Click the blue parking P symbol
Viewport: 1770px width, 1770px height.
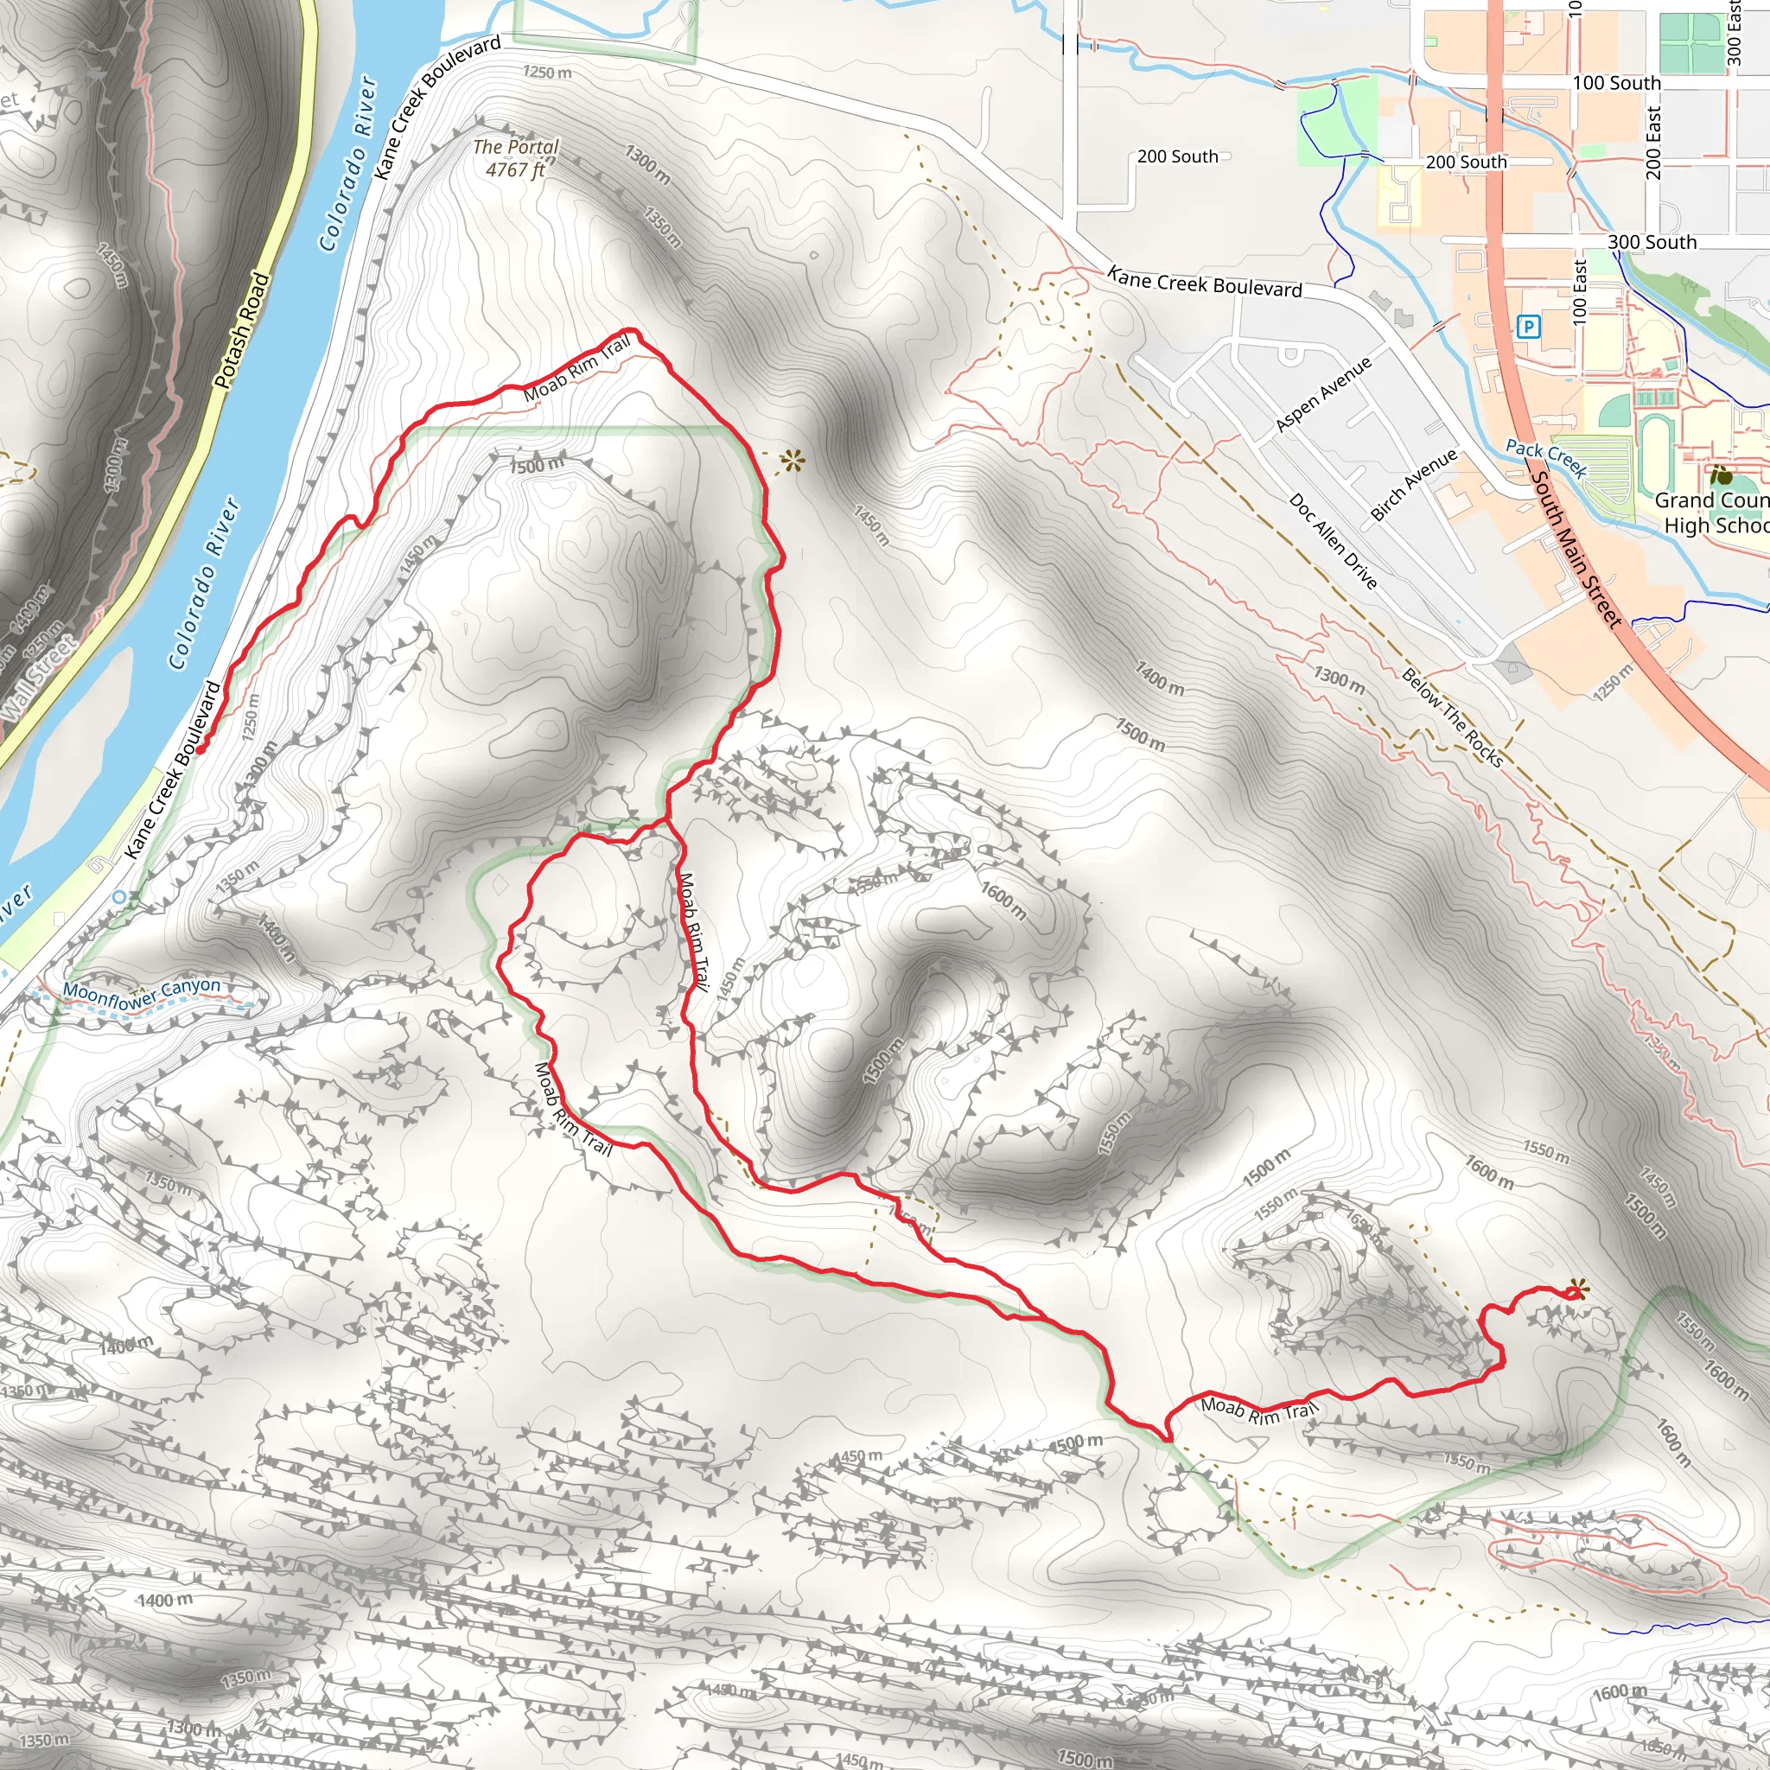(x=1527, y=326)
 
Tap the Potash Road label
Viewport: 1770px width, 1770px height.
(x=242, y=330)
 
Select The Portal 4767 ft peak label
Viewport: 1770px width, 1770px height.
(x=516, y=157)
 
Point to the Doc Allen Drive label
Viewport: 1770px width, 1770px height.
(x=1333, y=540)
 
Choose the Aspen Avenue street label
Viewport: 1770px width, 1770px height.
(x=1323, y=394)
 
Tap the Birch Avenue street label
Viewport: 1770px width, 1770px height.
(x=1413, y=485)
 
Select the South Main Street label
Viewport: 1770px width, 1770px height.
(x=1576, y=549)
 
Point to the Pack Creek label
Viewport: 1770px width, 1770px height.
(x=1546, y=457)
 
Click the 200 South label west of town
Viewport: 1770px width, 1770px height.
(x=1177, y=156)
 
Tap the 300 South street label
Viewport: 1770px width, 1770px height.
(x=1652, y=242)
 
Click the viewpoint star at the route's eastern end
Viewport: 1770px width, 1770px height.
(x=1576, y=1291)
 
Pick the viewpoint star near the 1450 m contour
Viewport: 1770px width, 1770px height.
(x=793, y=460)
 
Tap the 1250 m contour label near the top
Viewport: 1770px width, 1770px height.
(x=547, y=72)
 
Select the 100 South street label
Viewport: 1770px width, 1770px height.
(x=1616, y=83)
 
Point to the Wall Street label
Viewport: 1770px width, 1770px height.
(x=39, y=677)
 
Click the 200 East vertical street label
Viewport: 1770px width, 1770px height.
(x=1652, y=143)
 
